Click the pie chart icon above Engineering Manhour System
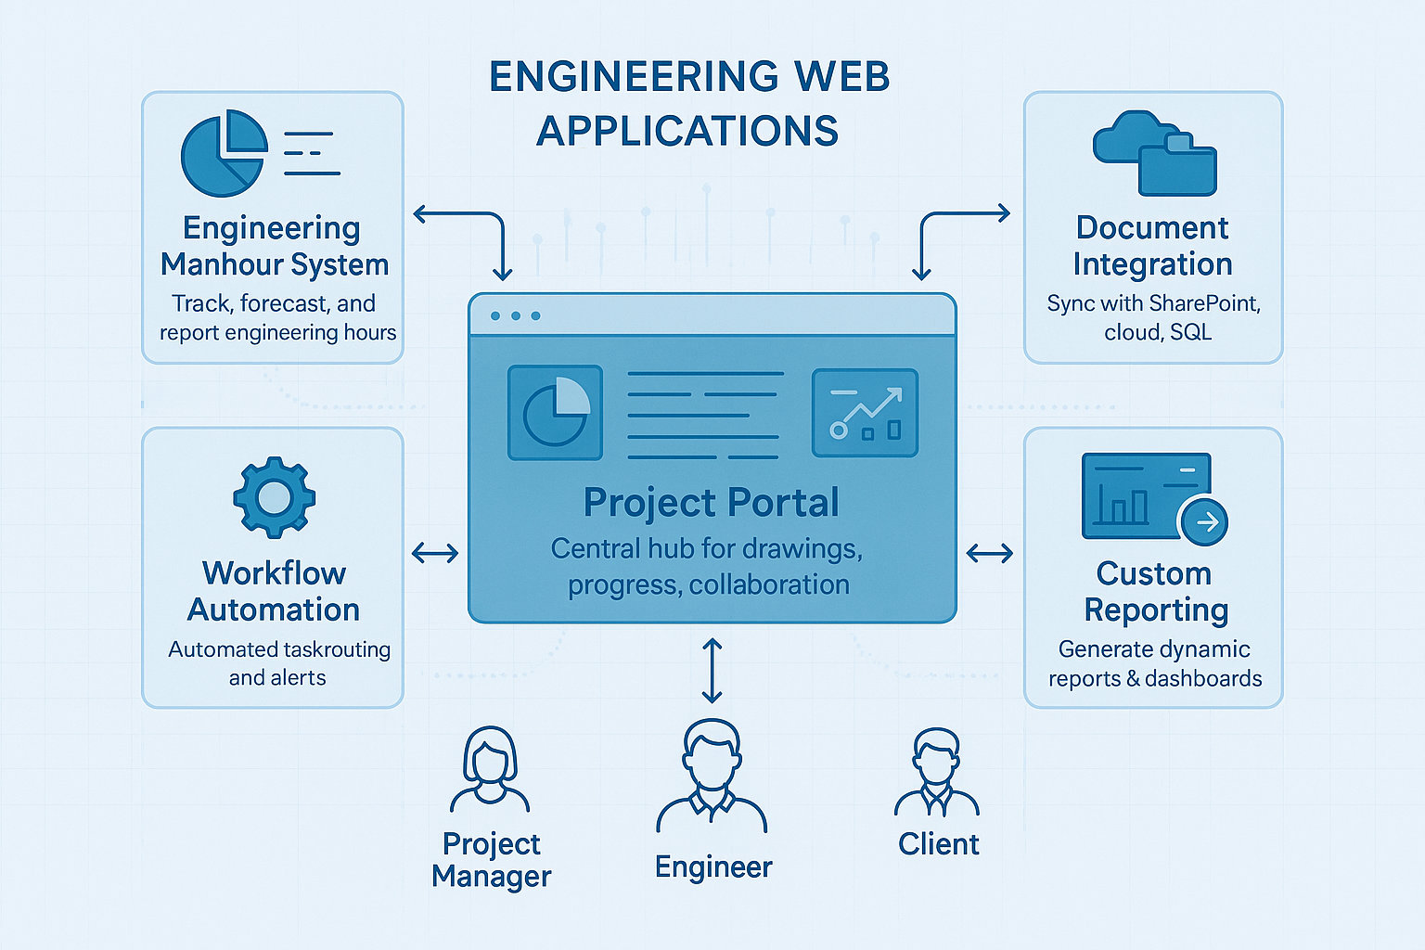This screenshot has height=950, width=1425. pyautogui.click(x=224, y=153)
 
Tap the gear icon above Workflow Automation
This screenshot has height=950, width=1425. pyautogui.click(x=274, y=497)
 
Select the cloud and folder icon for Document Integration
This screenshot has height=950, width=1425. pyautogui.click(x=1154, y=154)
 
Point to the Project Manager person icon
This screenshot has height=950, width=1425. pyautogui.click(x=490, y=769)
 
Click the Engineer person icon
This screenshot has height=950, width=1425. pyautogui.click(x=712, y=776)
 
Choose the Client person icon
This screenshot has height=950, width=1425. pyautogui.click(x=937, y=772)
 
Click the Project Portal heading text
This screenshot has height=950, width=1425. pyautogui.click(x=711, y=503)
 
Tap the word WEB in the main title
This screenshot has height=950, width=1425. pyautogui.click(x=841, y=77)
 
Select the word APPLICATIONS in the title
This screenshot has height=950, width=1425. pyautogui.click(x=687, y=131)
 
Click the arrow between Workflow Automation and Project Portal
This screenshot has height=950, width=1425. pyautogui.click(x=435, y=554)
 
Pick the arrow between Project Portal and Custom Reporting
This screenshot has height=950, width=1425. pyautogui.click(x=990, y=554)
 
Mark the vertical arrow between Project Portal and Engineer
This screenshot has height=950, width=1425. pyautogui.click(x=712, y=670)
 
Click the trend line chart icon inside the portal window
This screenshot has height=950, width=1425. pyautogui.click(x=865, y=413)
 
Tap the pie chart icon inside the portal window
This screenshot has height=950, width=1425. pyautogui.click(x=556, y=413)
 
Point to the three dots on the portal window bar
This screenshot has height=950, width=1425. pyautogui.click(x=516, y=316)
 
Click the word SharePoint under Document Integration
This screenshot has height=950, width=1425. pyautogui.click(x=1204, y=303)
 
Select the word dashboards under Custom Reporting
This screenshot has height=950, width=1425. pyautogui.click(x=1203, y=679)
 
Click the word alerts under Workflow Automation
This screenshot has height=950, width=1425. pyautogui.click(x=302, y=678)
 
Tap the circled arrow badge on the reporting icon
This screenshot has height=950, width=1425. pyautogui.click(x=1203, y=522)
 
